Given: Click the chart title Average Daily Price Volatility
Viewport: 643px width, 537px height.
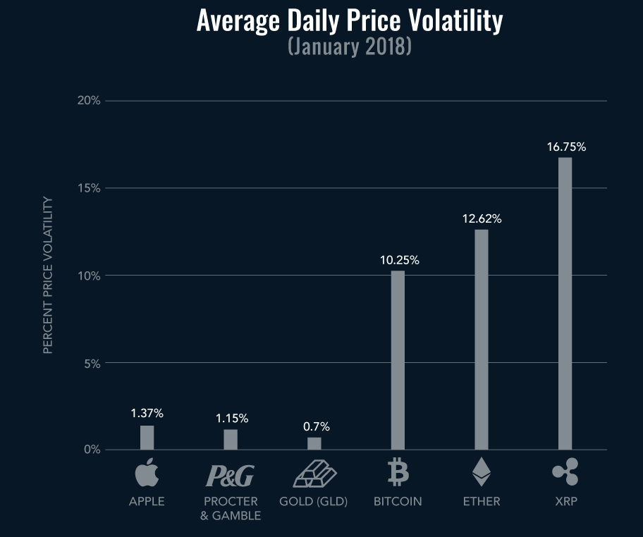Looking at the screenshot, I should click(x=349, y=21).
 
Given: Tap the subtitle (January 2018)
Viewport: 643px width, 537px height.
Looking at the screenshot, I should click(x=349, y=47).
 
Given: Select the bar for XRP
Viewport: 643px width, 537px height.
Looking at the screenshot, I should click(x=565, y=303).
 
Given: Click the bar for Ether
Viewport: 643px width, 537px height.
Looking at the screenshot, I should click(x=481, y=339).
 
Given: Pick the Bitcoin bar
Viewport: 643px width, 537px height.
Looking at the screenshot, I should click(x=398, y=359).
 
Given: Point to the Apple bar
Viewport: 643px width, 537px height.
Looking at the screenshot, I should click(x=147, y=437).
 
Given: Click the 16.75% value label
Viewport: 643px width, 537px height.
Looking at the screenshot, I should click(x=566, y=147).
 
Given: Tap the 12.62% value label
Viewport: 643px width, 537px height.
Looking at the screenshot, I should click(x=482, y=219).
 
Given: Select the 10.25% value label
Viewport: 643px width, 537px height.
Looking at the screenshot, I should click(x=399, y=260).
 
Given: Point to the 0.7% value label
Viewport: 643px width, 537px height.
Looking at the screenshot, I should click(x=316, y=426).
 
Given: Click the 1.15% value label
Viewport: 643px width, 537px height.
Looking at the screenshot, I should click(x=231, y=419).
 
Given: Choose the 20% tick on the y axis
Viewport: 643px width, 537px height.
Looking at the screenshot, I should click(x=88, y=101).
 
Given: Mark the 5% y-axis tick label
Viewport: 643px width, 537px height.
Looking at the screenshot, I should click(x=91, y=364).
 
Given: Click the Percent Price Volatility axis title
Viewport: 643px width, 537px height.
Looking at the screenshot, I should click(x=48, y=275).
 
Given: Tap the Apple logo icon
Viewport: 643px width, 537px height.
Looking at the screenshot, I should click(x=146, y=472).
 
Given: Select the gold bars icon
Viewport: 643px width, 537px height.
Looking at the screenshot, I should click(x=314, y=473).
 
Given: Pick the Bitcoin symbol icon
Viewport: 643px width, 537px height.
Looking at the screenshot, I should click(x=398, y=472).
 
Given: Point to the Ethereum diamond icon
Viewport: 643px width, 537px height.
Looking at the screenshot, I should click(x=481, y=472).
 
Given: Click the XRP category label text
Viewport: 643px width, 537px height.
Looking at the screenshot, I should click(x=565, y=502).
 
